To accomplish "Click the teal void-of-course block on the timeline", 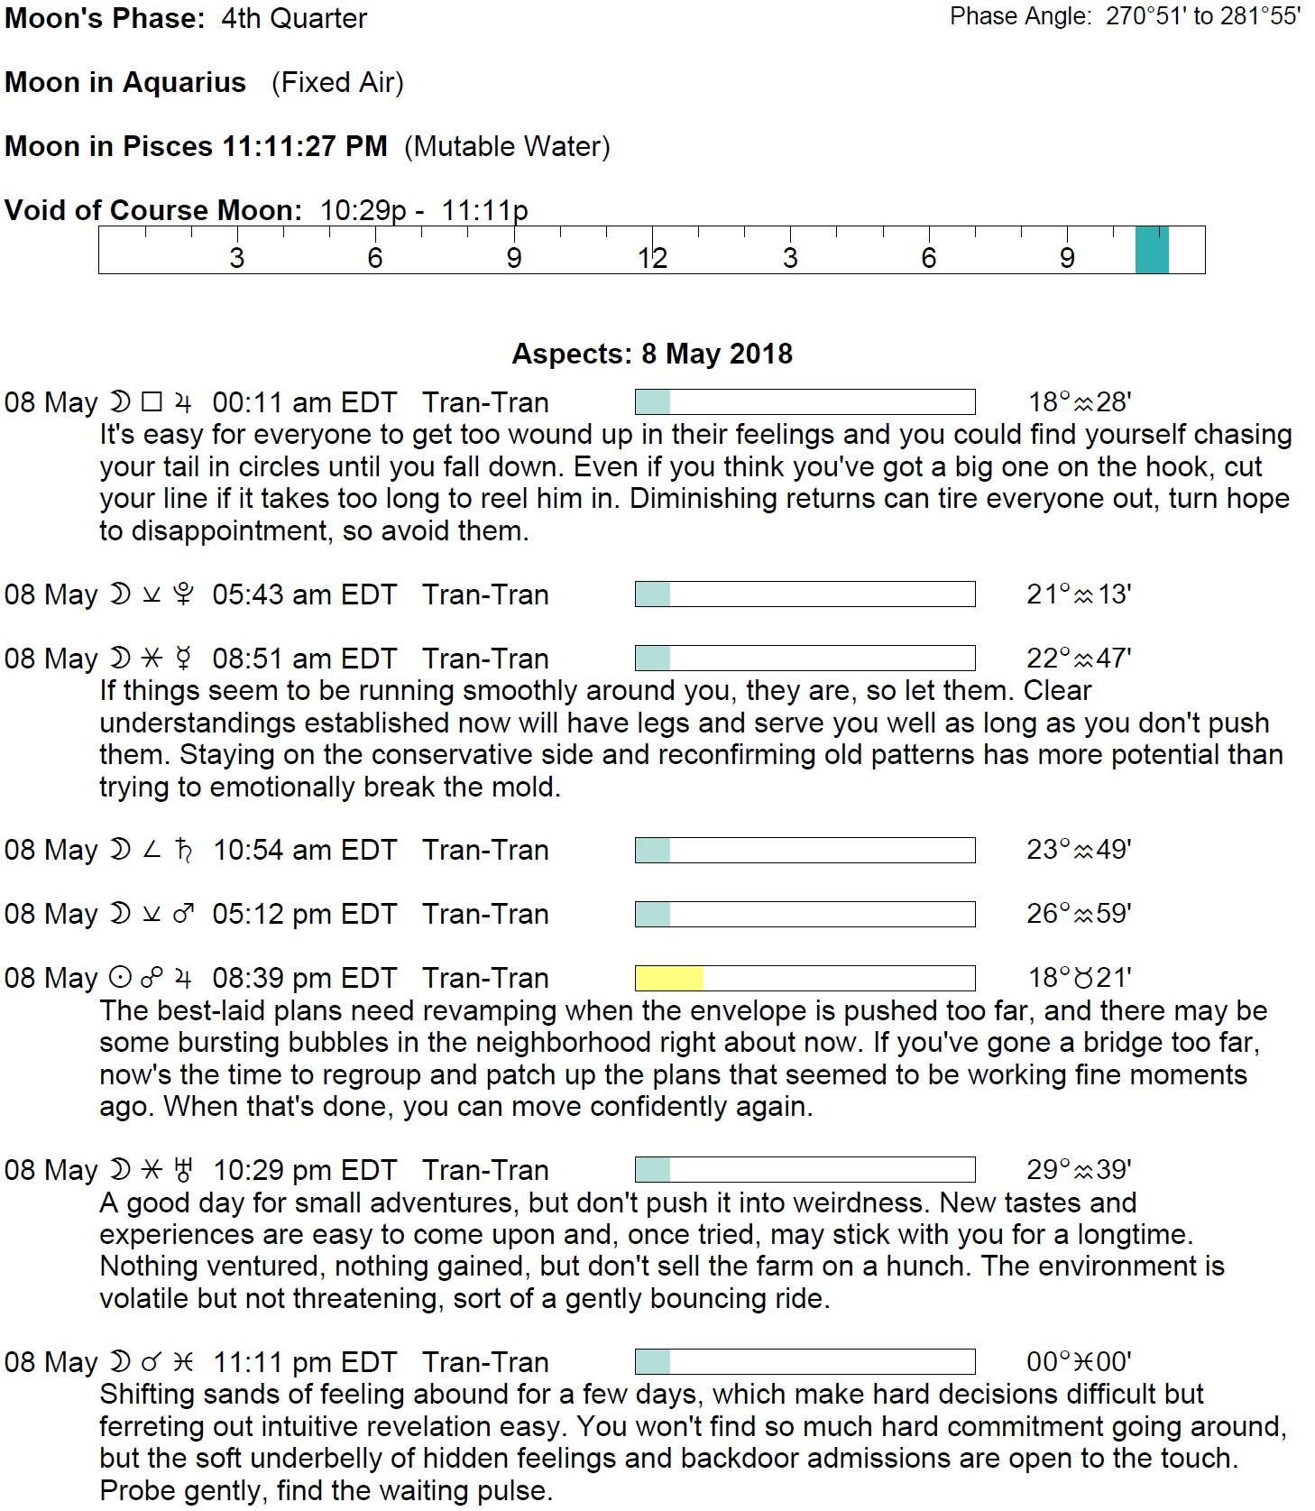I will tap(1151, 250).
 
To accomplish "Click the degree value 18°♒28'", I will tap(1080, 402).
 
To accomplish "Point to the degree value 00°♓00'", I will tap(1079, 1362).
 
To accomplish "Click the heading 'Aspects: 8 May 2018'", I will tap(652, 354).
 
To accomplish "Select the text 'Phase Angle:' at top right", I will tap(1020, 16).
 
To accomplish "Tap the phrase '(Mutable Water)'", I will tap(507, 146).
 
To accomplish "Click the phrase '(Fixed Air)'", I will tap(337, 82).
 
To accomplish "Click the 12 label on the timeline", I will tap(652, 259).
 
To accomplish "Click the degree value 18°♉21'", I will tap(1080, 978).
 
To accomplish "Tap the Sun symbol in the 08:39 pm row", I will tap(120, 978).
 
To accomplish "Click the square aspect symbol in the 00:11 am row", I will tap(152, 402).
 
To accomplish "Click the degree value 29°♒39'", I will tap(1079, 1170).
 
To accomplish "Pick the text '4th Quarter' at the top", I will tap(294, 18).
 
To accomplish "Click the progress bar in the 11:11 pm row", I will tap(805, 1362).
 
